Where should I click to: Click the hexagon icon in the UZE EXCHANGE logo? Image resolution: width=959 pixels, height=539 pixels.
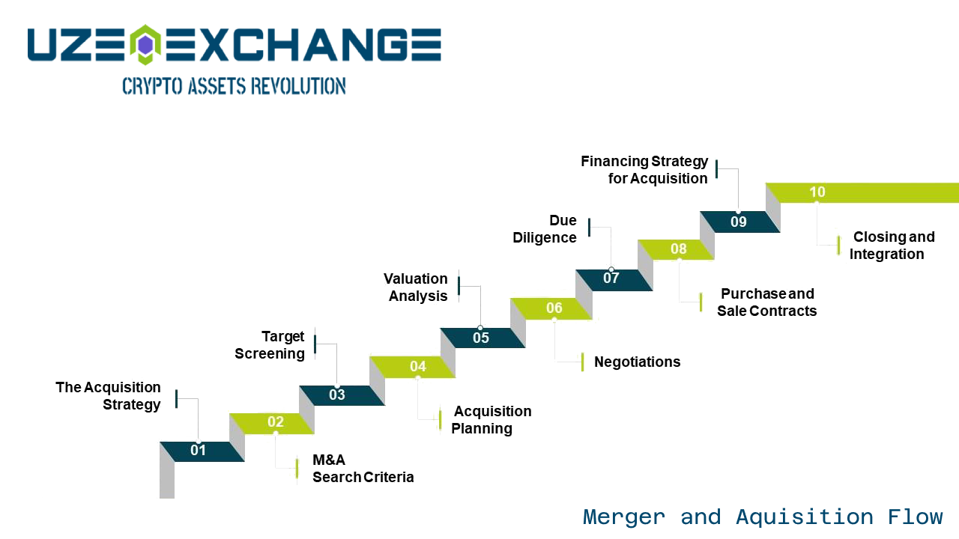pyautogui.click(x=145, y=45)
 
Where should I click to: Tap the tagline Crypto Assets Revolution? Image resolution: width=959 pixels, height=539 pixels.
pyautogui.click(x=235, y=86)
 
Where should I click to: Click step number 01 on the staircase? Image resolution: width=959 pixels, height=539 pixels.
pyautogui.click(x=199, y=450)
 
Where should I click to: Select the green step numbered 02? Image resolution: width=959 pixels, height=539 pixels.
pyautogui.click(x=276, y=421)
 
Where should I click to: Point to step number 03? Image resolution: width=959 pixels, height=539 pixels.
pyautogui.click(x=337, y=395)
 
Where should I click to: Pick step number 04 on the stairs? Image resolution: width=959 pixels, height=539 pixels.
pyautogui.click(x=418, y=366)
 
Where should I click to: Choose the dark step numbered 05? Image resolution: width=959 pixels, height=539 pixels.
pyautogui.click(x=481, y=338)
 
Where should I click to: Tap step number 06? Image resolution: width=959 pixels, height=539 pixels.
pyautogui.click(x=554, y=308)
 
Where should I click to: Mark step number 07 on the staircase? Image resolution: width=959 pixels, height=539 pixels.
pyautogui.click(x=611, y=278)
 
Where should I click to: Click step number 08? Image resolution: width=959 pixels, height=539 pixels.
pyautogui.click(x=679, y=249)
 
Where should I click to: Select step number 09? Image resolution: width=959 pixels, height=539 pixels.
pyautogui.click(x=739, y=222)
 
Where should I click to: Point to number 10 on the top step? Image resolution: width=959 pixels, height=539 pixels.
pyautogui.click(x=817, y=192)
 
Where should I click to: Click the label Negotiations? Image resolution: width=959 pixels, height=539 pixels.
pyautogui.click(x=637, y=362)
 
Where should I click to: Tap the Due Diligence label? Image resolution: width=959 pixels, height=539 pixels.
pyautogui.click(x=545, y=229)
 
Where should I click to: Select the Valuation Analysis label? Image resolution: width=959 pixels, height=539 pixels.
pyautogui.click(x=416, y=287)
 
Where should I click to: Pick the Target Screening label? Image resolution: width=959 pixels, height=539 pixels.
pyautogui.click(x=270, y=345)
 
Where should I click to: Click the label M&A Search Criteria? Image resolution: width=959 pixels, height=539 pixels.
pyautogui.click(x=363, y=469)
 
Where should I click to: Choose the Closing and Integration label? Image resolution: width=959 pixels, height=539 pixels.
pyautogui.click(x=892, y=245)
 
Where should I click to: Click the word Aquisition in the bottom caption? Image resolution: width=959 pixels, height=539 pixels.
pyautogui.click(x=805, y=517)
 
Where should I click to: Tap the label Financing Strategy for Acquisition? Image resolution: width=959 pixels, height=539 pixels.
pyautogui.click(x=644, y=170)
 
